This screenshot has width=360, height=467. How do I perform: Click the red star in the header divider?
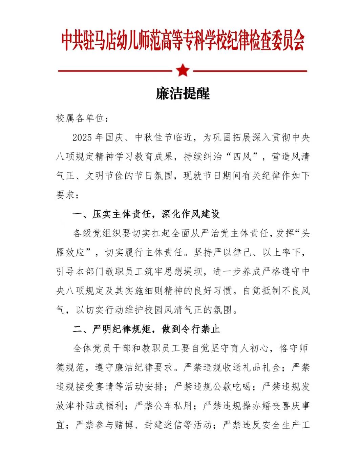tap(183, 70)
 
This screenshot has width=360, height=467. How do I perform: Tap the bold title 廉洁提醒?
tap(183, 94)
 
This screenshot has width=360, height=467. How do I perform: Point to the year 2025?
tap(82, 137)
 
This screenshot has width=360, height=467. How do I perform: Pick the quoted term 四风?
tap(242, 156)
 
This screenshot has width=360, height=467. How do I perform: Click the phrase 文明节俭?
tap(104, 176)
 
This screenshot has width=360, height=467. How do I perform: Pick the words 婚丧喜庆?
tap(281, 406)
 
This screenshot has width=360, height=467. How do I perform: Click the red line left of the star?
tap(115, 71)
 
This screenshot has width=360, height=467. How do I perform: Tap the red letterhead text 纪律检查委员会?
tap(266, 41)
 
